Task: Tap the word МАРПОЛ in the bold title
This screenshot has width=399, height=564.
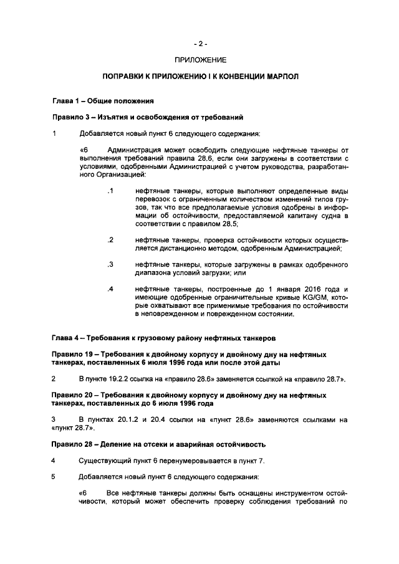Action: pyautogui.click(x=282, y=77)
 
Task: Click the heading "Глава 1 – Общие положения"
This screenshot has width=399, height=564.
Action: pyautogui.click(x=102, y=101)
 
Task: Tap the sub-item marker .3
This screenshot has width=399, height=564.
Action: pyautogui.click(x=110, y=264)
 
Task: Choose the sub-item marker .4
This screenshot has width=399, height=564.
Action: pyautogui.click(x=110, y=289)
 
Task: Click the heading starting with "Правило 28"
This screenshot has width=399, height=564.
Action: pyautogui.click(x=158, y=444)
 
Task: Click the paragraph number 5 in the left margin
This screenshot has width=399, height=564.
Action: pyautogui.click(x=54, y=477)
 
